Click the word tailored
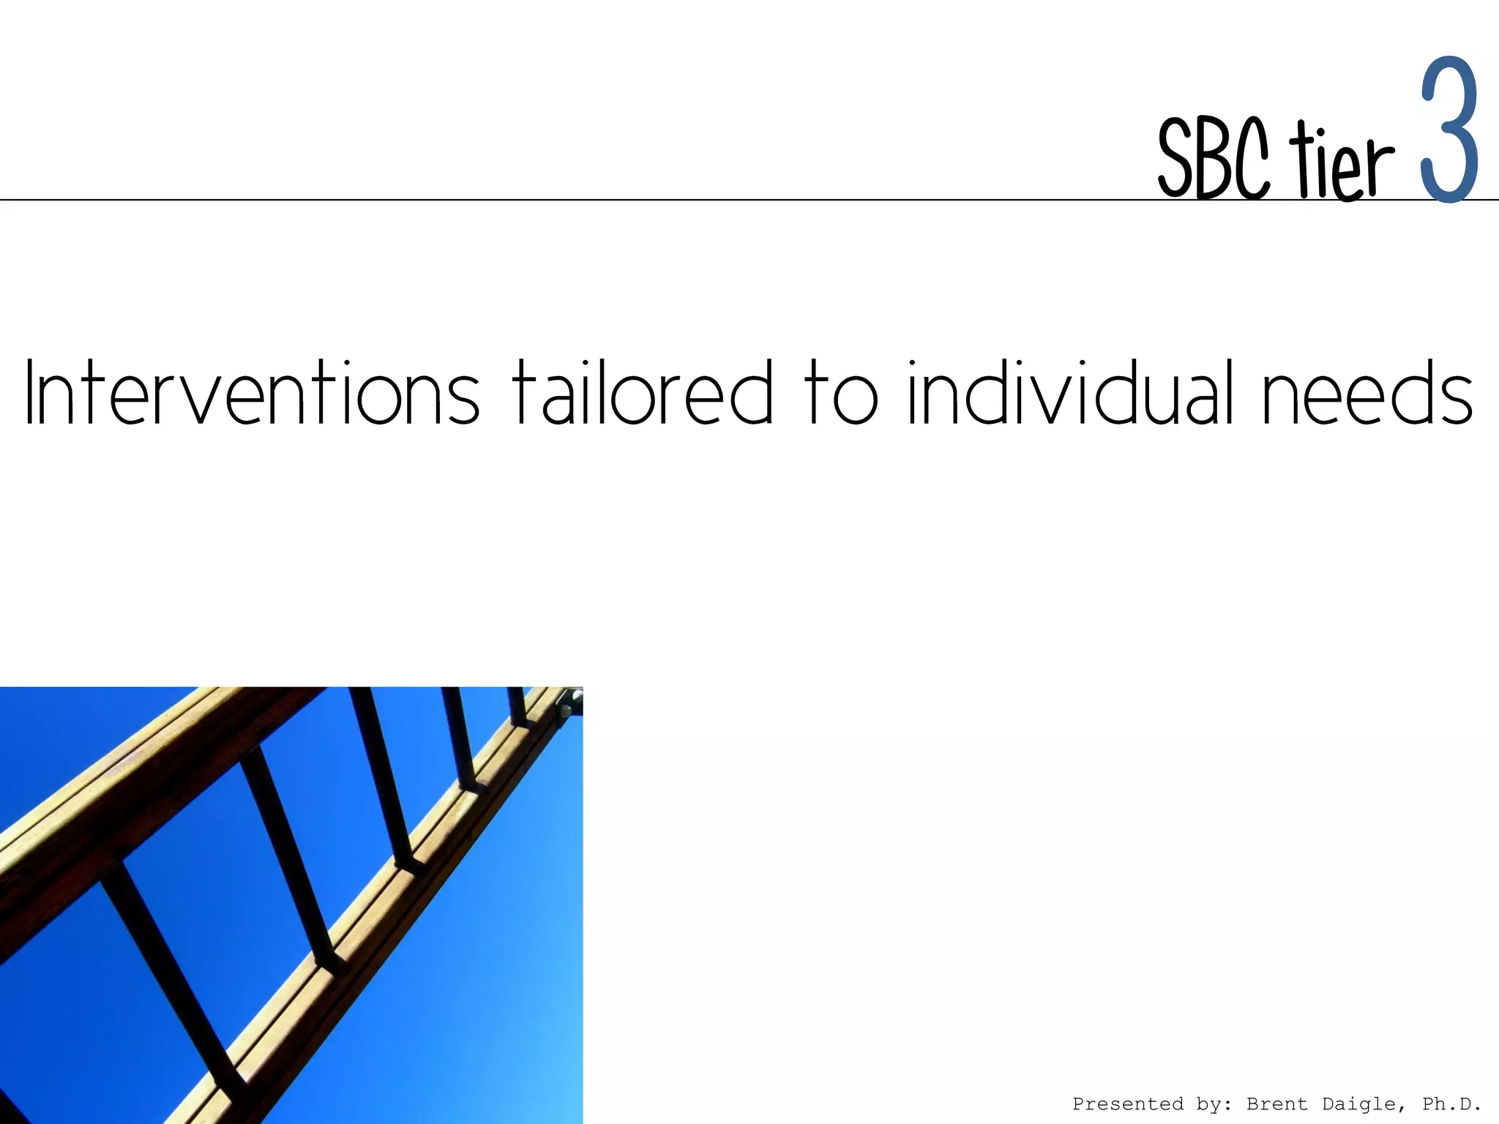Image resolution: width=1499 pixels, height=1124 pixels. tap(641, 393)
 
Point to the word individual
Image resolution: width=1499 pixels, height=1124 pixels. tap(1065, 393)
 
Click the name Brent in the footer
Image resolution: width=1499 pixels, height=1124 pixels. tap(1276, 1104)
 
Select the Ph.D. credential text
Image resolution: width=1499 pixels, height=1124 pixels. tap(1451, 1104)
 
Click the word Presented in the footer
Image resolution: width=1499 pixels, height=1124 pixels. tap(1127, 1104)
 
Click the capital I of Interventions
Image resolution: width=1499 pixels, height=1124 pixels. tap(30, 393)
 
